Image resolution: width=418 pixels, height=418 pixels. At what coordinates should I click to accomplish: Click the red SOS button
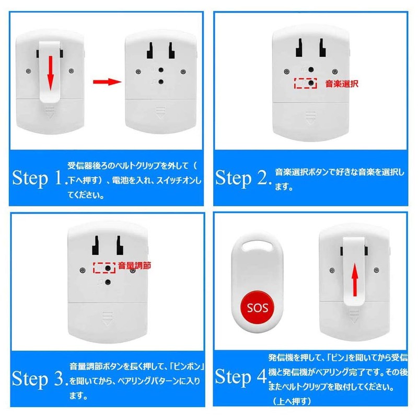click(257, 307)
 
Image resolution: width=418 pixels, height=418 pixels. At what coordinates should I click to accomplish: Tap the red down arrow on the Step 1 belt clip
click(50, 73)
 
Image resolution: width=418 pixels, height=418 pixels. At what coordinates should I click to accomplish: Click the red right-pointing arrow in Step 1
click(107, 82)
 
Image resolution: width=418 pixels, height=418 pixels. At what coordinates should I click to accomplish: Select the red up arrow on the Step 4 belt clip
click(355, 280)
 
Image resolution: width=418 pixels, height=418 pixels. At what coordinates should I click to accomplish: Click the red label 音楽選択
click(342, 84)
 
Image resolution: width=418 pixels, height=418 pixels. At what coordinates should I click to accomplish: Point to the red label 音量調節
click(134, 265)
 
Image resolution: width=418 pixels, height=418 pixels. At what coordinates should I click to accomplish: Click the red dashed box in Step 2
click(306, 83)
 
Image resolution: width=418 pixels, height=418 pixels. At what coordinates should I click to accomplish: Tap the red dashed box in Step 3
click(104, 268)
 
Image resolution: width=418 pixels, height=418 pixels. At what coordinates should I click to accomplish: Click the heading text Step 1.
click(38, 178)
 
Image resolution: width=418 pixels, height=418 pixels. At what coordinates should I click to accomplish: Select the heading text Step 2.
click(243, 178)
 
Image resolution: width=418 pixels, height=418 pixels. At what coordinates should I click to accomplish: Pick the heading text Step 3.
click(40, 378)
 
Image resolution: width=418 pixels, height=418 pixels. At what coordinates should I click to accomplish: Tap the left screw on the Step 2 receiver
click(286, 72)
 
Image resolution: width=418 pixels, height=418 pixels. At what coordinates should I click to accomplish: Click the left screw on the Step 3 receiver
click(83, 270)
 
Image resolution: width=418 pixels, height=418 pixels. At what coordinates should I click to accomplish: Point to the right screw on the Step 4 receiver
click(376, 270)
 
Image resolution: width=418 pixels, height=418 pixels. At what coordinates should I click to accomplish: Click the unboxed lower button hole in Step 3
click(108, 282)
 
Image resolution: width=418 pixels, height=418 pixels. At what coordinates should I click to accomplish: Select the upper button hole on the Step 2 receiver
click(311, 69)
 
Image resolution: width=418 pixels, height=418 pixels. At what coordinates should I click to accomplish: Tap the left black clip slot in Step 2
click(299, 48)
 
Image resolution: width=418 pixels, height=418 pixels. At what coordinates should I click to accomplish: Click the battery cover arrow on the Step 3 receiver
click(107, 319)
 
